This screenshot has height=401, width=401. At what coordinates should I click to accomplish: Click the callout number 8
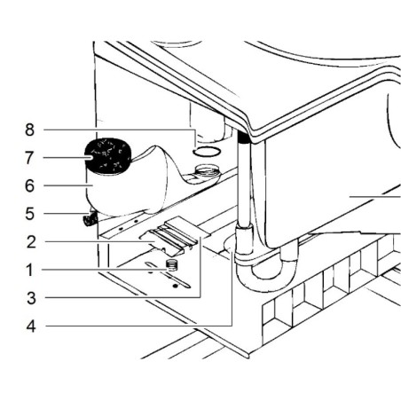click(29, 130)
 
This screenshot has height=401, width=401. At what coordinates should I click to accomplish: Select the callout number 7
click(29, 158)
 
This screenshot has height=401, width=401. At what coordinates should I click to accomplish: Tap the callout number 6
click(29, 186)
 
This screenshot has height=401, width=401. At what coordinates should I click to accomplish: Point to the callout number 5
click(29, 214)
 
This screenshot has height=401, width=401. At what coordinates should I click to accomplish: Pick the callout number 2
click(31, 242)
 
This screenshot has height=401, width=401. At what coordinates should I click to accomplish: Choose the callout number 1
click(29, 270)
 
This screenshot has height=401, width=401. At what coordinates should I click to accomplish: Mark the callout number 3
click(31, 298)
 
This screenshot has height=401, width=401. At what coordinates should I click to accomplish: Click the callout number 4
click(31, 326)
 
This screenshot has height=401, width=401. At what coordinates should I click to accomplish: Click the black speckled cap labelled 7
click(107, 156)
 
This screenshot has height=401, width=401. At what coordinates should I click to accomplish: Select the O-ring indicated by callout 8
click(207, 152)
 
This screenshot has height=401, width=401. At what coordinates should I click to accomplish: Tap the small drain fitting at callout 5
click(90, 219)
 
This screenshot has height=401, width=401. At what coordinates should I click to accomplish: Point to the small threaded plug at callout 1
click(171, 264)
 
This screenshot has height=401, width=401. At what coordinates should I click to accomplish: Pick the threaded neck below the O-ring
click(207, 171)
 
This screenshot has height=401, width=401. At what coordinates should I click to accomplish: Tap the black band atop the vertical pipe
click(244, 137)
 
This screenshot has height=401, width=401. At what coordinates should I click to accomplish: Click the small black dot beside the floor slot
click(176, 286)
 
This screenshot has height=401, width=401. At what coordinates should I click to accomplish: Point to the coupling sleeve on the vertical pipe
click(244, 240)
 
